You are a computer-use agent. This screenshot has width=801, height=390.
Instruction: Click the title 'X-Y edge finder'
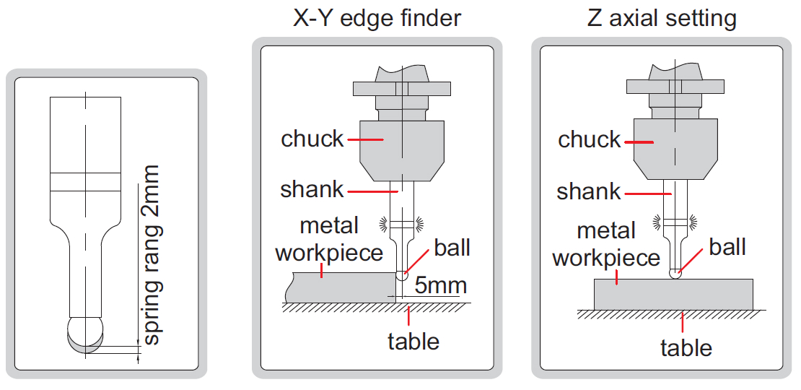[x=377, y=18]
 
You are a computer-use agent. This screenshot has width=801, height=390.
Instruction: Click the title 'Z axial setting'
[x=662, y=18]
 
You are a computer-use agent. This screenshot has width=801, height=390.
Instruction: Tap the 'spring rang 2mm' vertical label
[x=152, y=254]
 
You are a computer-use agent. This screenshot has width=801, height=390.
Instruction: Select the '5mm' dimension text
[x=440, y=285]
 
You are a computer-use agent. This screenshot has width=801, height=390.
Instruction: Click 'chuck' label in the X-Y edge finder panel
[x=312, y=139]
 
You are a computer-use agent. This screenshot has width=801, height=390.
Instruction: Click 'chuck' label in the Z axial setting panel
[x=589, y=139]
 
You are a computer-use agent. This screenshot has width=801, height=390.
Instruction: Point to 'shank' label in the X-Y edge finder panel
[x=312, y=189]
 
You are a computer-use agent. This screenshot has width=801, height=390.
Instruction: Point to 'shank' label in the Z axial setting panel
[x=589, y=191]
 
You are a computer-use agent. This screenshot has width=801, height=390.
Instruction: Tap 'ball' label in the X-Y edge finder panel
[x=452, y=248]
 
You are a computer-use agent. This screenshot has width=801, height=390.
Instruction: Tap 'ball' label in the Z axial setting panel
[x=727, y=247]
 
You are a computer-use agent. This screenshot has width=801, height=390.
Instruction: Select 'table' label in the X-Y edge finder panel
[x=413, y=341]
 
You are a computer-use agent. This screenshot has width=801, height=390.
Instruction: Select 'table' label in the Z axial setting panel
[x=686, y=347]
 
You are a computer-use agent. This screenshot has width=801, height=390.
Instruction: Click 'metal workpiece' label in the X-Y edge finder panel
[x=329, y=239]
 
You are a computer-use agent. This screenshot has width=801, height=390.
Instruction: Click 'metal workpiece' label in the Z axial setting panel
[x=606, y=244]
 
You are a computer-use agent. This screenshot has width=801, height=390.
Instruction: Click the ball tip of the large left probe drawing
[x=85, y=335]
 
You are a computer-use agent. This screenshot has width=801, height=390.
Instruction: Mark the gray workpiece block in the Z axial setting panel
[x=673, y=295]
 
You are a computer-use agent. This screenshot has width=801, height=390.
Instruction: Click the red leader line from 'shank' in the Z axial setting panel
[x=648, y=194]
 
